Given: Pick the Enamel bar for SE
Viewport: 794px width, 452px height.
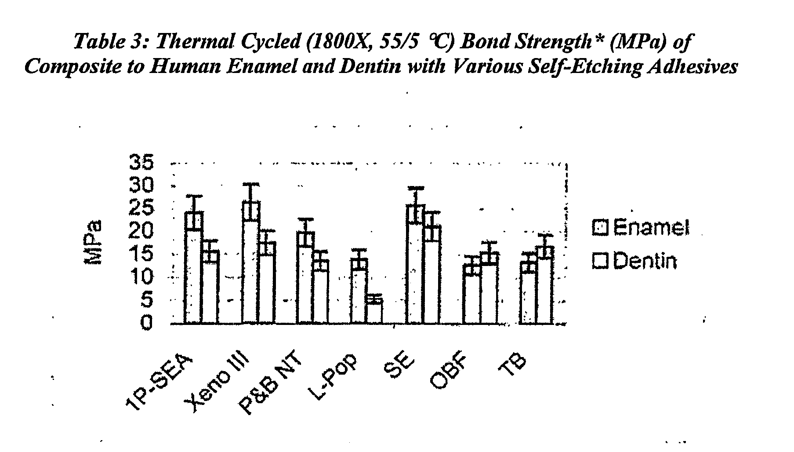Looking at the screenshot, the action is click(x=415, y=264).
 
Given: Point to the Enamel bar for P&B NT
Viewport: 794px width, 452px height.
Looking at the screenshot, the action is click(x=305, y=278).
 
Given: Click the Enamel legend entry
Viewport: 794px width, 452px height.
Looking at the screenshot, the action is click(x=641, y=228).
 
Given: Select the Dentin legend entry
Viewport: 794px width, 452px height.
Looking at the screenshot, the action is click(x=634, y=261).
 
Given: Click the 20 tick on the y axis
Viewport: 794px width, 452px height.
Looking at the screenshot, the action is click(x=141, y=232).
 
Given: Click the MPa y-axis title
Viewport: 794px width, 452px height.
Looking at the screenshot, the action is click(x=93, y=242).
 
